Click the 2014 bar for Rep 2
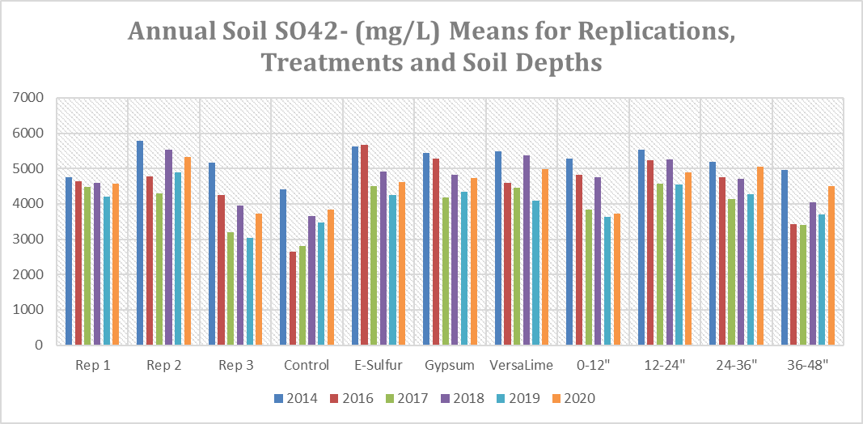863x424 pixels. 140,243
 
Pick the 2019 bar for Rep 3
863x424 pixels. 250,291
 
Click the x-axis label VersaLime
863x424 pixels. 522,365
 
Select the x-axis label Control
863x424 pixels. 307,365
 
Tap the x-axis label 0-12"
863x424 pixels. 593,365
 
